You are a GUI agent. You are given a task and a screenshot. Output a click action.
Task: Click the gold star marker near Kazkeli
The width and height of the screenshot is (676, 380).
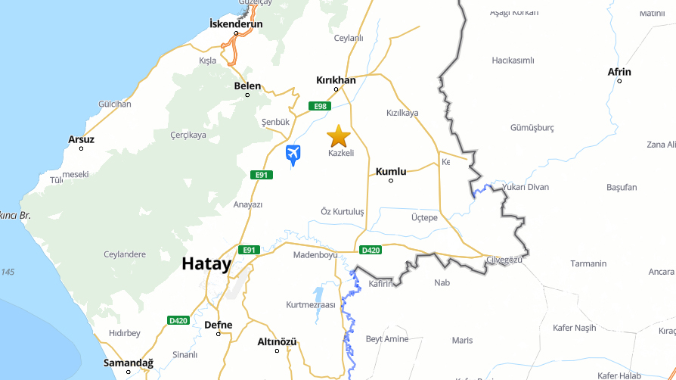tap(338, 136)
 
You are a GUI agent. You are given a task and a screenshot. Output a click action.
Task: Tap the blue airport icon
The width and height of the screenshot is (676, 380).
tap(293, 154)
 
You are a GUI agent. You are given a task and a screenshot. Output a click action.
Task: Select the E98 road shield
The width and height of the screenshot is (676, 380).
tap(319, 106)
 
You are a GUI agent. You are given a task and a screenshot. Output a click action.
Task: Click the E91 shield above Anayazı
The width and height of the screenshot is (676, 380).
tap(261, 175)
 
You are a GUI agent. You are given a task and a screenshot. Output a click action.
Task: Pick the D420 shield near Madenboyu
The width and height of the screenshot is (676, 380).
tap(371, 250)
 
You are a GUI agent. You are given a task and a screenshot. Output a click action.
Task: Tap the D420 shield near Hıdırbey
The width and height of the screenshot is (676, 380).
tap(178, 320)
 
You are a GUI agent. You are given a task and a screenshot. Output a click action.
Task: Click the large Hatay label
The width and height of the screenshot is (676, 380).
tap(206, 263)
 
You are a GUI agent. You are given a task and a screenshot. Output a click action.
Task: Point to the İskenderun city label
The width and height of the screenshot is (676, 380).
tap(236, 24)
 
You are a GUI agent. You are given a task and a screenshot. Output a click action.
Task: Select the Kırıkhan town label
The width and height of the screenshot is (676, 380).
tap(336, 79)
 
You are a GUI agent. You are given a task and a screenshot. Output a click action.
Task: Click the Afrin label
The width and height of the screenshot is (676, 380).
tap(619, 72)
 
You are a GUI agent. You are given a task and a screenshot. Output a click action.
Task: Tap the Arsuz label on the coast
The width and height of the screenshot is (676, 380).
tap(81, 139)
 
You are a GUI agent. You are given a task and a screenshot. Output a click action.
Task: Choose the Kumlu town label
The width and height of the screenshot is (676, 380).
tap(391, 171)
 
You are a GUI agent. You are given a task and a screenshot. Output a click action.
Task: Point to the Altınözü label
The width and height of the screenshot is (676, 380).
tap(277, 341)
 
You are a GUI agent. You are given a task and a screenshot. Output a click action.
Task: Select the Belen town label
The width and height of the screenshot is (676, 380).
tap(247, 86)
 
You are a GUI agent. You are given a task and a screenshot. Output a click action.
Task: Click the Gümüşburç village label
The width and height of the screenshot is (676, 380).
tap(532, 127)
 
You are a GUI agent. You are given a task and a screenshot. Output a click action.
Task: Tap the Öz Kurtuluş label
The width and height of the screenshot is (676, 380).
tap(343, 211)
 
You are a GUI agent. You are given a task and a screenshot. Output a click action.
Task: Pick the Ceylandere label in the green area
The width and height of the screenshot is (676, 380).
tap(125, 254)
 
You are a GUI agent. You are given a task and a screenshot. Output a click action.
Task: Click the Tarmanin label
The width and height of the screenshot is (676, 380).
tap(588, 263)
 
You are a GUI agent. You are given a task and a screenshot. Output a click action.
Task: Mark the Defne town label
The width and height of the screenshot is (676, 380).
tap(219, 325)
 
